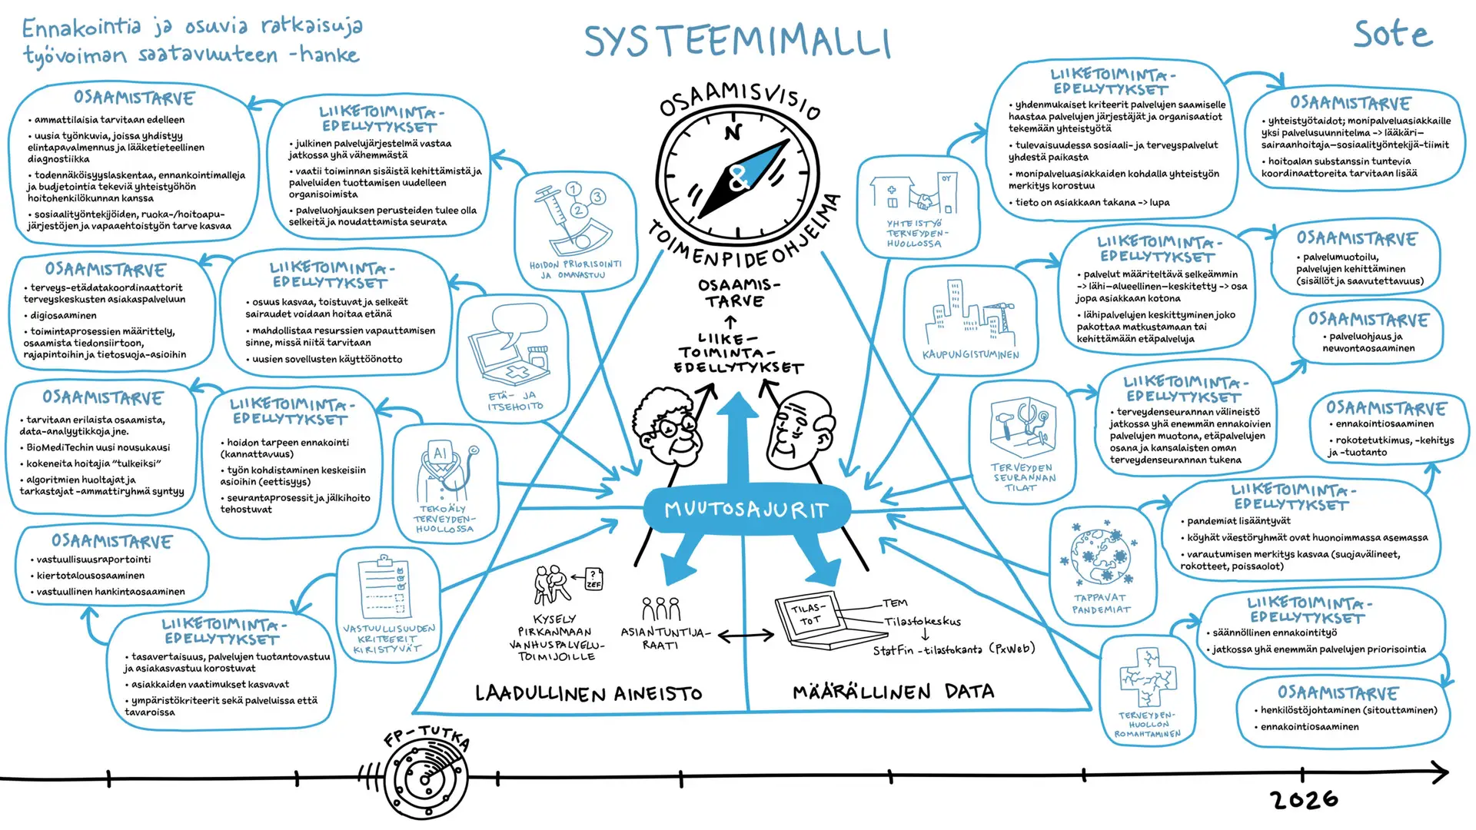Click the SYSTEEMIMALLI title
736,41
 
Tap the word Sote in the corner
1392,35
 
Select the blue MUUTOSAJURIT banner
746,510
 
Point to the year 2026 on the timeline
1305,800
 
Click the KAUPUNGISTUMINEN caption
970,355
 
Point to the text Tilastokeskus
922,621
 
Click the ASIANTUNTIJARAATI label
664,639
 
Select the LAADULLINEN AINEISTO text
588,693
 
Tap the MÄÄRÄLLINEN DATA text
893,692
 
